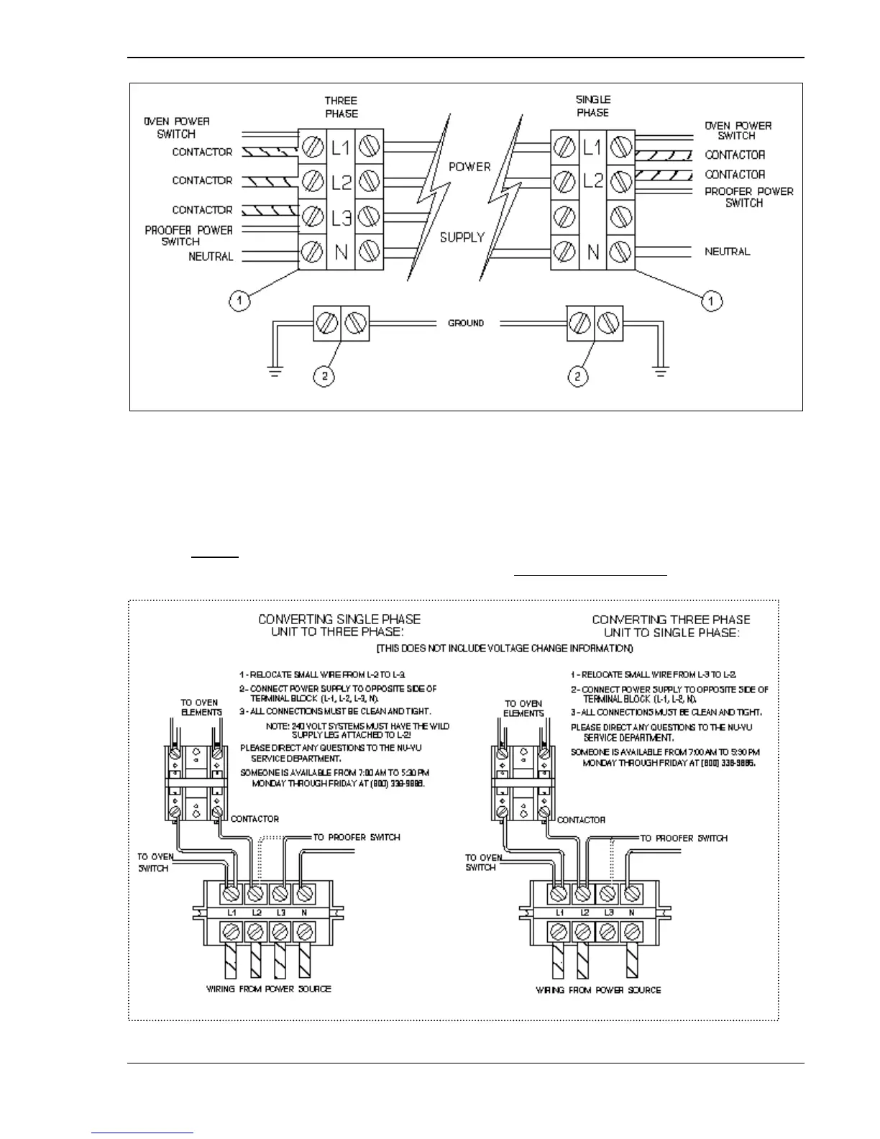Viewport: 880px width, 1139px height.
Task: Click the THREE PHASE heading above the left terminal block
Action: click(x=341, y=107)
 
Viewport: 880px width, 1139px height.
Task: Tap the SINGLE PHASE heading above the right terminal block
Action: click(x=593, y=106)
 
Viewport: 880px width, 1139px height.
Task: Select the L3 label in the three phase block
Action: click(x=342, y=215)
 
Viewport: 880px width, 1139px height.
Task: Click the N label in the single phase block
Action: click(x=593, y=252)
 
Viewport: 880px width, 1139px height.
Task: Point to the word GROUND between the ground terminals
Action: click(x=466, y=323)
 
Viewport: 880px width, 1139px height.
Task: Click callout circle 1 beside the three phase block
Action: click(x=240, y=301)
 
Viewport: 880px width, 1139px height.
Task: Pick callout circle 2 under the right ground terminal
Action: click(x=578, y=376)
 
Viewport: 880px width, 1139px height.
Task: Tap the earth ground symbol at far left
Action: click(x=275, y=372)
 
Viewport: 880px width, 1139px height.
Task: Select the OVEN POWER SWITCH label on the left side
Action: click(x=177, y=127)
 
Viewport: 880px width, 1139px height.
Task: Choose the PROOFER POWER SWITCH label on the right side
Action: click(x=748, y=197)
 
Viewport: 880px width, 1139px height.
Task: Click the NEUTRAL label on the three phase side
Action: click(x=211, y=257)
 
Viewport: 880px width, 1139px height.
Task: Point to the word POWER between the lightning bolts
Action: click(x=469, y=166)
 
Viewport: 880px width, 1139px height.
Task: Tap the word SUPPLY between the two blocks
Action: click(x=462, y=237)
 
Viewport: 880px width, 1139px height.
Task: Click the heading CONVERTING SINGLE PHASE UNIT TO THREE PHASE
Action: click(x=339, y=625)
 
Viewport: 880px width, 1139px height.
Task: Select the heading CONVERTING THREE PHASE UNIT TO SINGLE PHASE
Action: click(x=671, y=626)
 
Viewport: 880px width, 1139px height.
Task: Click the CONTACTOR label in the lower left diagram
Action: click(x=255, y=819)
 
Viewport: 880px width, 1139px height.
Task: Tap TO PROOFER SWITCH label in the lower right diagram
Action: click(x=684, y=838)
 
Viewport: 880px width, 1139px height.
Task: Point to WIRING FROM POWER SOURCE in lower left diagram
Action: click(x=269, y=989)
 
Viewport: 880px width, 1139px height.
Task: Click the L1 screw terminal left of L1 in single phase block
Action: click(x=564, y=148)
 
